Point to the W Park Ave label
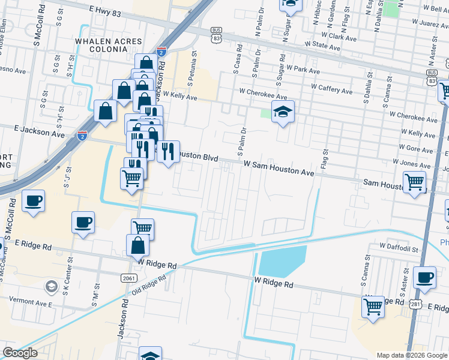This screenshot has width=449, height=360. pos(303,70)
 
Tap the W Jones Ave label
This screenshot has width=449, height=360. pos(412,162)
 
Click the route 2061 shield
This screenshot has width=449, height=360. pos(128,278)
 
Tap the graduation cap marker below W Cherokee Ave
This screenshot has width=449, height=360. pos(283,112)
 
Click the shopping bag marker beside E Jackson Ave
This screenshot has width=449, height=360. pos(105,112)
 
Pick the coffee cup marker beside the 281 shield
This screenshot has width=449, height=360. pos(424,277)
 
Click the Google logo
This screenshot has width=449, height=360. pos(20,353)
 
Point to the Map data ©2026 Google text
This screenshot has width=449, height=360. pos(412,355)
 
